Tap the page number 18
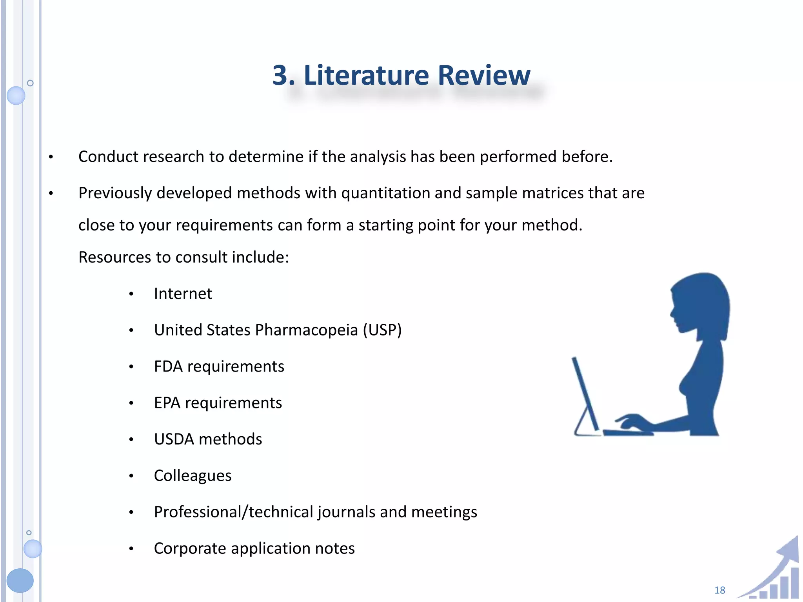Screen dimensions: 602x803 [x=719, y=590]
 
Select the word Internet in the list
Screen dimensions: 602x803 [x=183, y=294]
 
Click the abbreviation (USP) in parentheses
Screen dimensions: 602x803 [x=382, y=330]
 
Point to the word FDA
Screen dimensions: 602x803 [x=168, y=366]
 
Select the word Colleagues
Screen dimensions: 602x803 [x=193, y=476]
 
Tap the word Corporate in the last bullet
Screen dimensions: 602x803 [x=190, y=548]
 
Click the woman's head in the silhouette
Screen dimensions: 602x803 [x=700, y=302]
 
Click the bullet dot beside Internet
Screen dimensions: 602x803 [x=131, y=294]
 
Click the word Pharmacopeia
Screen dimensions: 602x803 [x=306, y=330]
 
